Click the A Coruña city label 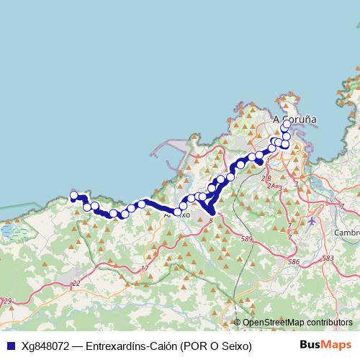295,120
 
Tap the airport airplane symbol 311,221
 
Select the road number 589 248,238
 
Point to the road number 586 293,264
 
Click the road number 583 328,258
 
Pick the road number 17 145,269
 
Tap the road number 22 76,284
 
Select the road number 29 7,301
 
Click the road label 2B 266,178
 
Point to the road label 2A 271,186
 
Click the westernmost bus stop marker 73,195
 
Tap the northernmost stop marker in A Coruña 287,124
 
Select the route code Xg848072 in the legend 45,346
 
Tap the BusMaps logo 326,345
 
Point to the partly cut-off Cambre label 347,233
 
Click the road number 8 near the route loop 210,221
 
